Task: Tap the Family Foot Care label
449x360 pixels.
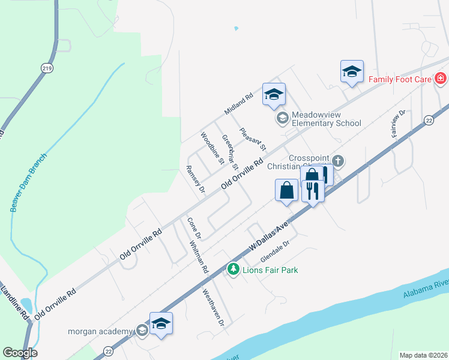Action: (x=400, y=79)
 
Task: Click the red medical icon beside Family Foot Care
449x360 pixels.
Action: (x=440, y=79)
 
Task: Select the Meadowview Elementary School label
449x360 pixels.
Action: (x=327, y=119)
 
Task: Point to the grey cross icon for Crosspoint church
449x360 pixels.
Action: (x=339, y=161)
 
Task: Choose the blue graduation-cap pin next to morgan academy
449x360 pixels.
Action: (x=161, y=325)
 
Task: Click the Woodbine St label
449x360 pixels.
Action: (x=212, y=148)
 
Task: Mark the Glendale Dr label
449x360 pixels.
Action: (x=275, y=253)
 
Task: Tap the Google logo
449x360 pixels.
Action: (x=20, y=353)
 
